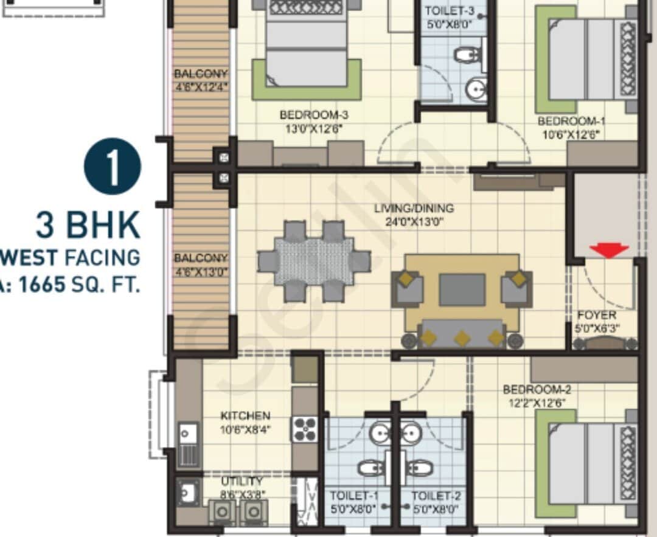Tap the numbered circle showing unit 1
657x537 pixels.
pyautogui.click(x=113, y=167)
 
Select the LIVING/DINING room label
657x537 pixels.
pyautogui.click(x=414, y=209)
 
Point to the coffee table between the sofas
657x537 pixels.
pyautogui.click(x=462, y=289)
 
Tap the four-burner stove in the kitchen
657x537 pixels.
pyautogui.click(x=305, y=429)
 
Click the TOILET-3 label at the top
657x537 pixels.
pyautogui.click(x=451, y=11)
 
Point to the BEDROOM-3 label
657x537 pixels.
pyautogui.click(x=310, y=114)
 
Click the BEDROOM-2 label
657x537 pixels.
pyautogui.click(x=537, y=389)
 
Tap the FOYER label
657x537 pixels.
pyautogui.click(x=596, y=315)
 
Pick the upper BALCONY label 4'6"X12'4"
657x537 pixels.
pyautogui.click(x=201, y=80)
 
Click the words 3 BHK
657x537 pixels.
pyautogui.click(x=88, y=225)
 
